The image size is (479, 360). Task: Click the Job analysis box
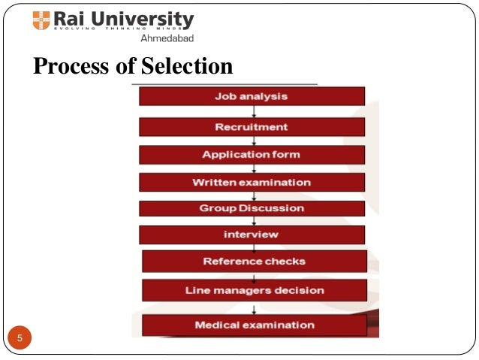coord(252,96)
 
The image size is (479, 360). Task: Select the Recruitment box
coord(252,126)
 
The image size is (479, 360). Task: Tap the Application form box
coord(252,155)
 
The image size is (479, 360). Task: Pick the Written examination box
coord(252,183)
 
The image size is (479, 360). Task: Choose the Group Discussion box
coord(252,208)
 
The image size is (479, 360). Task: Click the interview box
coord(252,234)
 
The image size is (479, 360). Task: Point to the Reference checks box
coord(254,262)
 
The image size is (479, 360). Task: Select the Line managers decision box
coord(254,290)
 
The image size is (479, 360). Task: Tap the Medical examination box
coord(254,325)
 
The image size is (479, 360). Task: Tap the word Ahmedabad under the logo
coord(167,39)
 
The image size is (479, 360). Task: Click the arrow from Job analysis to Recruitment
coord(254,111)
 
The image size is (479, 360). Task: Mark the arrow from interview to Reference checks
coord(254,247)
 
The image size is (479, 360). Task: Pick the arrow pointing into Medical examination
coord(254,308)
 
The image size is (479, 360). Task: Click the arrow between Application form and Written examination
coord(254,168)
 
